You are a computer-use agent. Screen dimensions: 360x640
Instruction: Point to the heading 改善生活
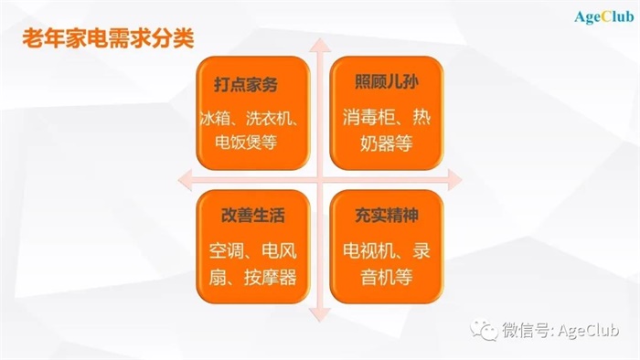tap(247, 217)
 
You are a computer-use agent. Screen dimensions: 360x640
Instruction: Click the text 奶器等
tap(375, 143)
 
